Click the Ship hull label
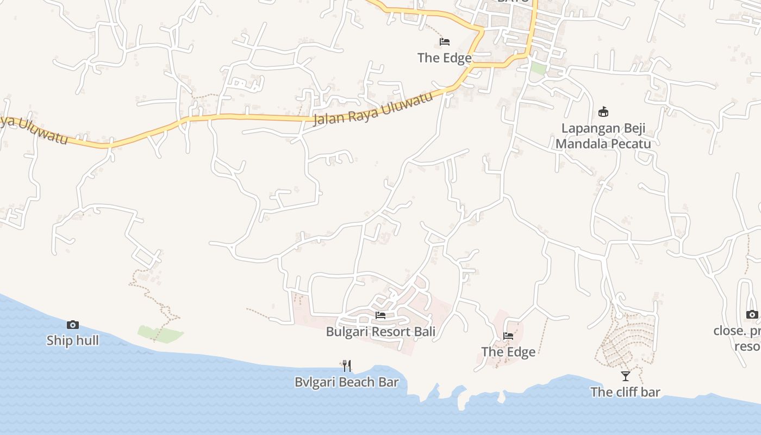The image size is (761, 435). click(x=72, y=340)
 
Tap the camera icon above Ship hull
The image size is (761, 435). click(x=72, y=325)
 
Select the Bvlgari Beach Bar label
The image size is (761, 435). click(x=346, y=382)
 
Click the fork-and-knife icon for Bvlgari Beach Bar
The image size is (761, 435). click(x=346, y=365)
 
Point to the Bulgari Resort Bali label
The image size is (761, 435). click(x=380, y=331)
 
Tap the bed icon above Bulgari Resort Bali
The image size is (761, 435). click(x=380, y=315)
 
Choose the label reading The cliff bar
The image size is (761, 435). click(x=625, y=391)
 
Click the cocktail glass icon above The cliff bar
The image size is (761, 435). click(x=626, y=376)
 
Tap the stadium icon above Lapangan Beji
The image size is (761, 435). click(x=603, y=112)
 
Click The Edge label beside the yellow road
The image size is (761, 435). click(x=444, y=58)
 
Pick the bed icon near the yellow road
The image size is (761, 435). click(x=445, y=42)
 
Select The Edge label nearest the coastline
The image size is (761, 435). click(x=508, y=352)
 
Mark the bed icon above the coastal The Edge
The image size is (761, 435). click(x=508, y=336)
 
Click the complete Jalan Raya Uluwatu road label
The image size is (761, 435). click(x=373, y=108)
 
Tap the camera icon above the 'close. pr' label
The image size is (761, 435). click(x=752, y=314)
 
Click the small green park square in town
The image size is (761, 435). click(x=538, y=69)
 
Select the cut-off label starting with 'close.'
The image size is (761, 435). click(x=737, y=331)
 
